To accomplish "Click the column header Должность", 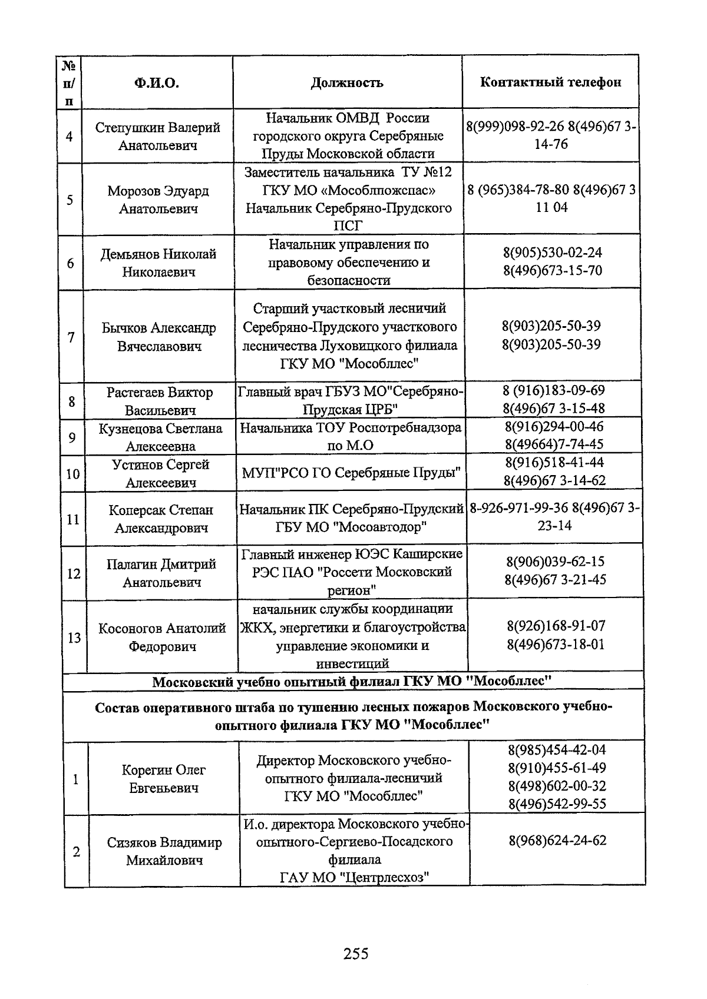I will coord(347,82).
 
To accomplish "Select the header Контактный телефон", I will coord(550,82).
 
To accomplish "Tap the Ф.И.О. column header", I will coord(157,82).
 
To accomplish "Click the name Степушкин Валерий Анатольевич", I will coord(158,136).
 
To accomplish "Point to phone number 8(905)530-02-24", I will coord(552,253).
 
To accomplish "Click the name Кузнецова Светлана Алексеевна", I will coord(160,437).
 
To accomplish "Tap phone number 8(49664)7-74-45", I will coord(554,444).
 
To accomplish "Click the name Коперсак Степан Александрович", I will coord(161,519).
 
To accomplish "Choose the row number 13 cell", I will coord(74,638).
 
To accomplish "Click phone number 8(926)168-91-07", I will coord(556,626).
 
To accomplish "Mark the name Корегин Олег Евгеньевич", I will coord(163,778).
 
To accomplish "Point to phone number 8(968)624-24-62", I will coord(557,840).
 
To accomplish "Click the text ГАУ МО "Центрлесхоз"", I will coord(353,877).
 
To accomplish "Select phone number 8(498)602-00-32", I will coord(557,786).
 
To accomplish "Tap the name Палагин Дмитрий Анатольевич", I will coord(161,573).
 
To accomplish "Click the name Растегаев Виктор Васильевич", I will coord(160,401).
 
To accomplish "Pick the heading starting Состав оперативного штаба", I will coord(353,715).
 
